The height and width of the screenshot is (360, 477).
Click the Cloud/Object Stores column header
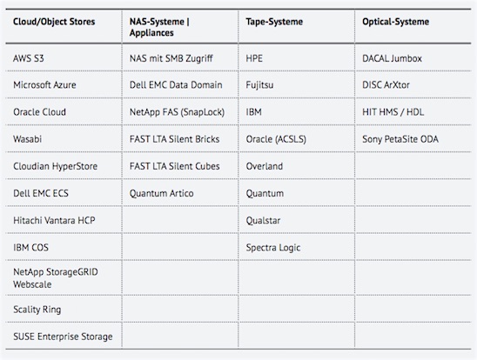(54, 22)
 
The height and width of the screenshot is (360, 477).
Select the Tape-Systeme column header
(274, 22)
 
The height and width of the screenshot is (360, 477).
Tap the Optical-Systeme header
(395, 22)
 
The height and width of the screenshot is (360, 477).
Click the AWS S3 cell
(29, 58)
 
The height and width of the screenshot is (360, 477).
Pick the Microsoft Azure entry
(44, 85)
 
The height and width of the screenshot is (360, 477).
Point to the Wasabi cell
(27, 139)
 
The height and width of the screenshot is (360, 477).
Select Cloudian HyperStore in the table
(55, 166)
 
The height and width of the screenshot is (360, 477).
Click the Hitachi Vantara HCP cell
(54, 220)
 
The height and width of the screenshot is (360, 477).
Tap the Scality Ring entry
(37, 310)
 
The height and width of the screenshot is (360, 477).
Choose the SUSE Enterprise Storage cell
(63, 337)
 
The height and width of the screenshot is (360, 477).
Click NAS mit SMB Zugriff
(171, 58)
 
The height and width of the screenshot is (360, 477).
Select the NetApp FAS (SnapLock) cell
(177, 112)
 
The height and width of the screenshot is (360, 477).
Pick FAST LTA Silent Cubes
(175, 166)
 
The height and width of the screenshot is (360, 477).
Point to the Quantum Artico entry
(162, 193)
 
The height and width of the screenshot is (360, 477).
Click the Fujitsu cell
(259, 85)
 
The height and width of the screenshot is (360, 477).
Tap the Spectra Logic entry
(273, 248)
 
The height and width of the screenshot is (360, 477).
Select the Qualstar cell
(263, 221)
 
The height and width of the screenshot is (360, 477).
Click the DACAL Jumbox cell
(392, 58)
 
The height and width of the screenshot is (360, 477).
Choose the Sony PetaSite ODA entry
(400, 139)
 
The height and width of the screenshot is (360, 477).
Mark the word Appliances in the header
(151, 33)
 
